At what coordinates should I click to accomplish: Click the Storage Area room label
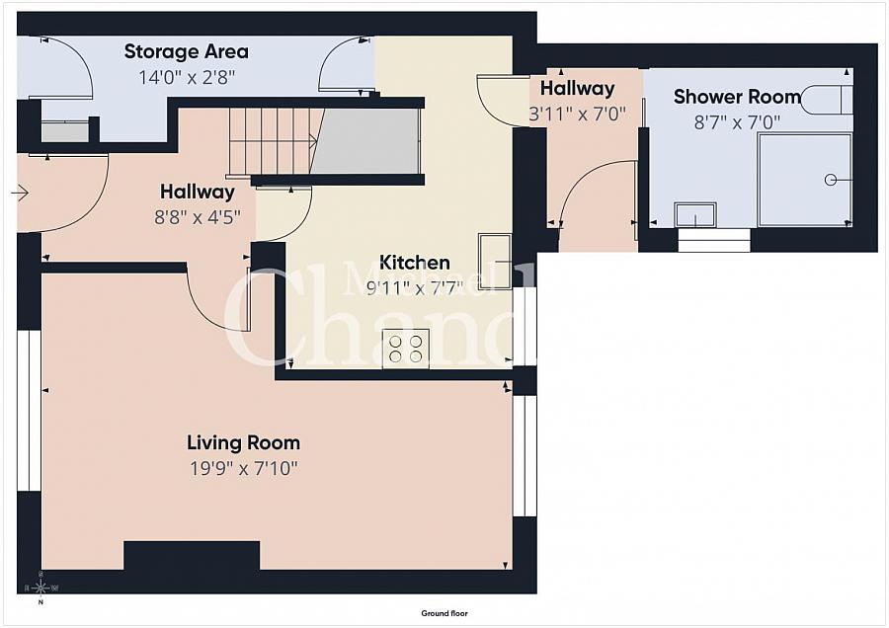point(186,51)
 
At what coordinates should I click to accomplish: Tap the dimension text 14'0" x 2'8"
point(186,75)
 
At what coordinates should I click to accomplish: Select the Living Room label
point(243,443)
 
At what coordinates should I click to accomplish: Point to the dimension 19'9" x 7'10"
point(243,467)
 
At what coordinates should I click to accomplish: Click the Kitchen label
point(415,263)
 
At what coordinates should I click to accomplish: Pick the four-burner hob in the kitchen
point(406,349)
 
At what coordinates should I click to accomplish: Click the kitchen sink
point(495,260)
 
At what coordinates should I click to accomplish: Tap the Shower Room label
point(737,97)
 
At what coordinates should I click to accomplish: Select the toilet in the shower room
point(826,99)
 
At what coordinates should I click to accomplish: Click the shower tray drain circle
point(831,179)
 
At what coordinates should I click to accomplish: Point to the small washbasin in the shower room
point(695,214)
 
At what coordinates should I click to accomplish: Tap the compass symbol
point(40,589)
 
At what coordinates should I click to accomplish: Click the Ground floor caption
point(444,613)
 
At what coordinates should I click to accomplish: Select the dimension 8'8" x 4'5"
point(198,216)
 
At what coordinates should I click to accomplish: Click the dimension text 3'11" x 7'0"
point(578,114)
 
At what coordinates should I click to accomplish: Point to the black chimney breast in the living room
point(192,555)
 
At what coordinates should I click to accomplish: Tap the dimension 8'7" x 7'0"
point(737,121)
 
